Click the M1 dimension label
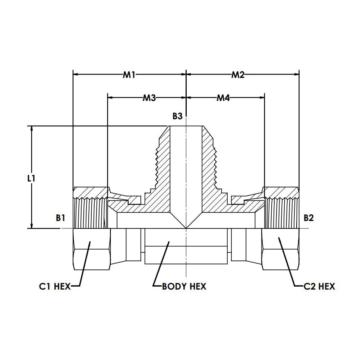click(x=129, y=75)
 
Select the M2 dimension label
click(x=238, y=75)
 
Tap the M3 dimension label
click(x=149, y=98)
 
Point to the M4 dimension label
click(x=223, y=98)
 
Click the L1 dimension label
click(x=31, y=178)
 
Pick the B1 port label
click(x=60, y=218)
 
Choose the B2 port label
click(x=309, y=218)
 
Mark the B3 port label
click(x=177, y=116)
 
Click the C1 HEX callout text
click(x=55, y=286)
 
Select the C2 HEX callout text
click(x=319, y=286)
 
